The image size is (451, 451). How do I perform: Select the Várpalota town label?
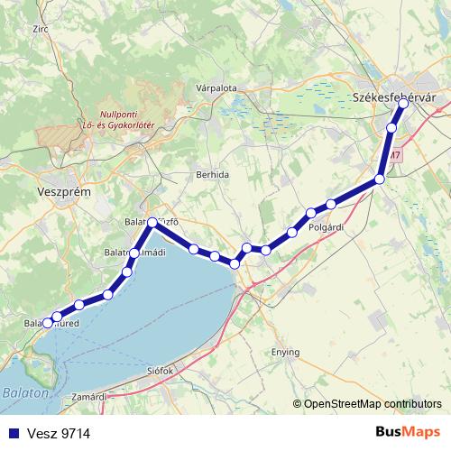(216, 88)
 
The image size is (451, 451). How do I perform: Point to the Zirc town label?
(40, 29)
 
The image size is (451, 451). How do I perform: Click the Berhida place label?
(212, 173)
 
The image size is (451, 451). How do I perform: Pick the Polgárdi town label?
(325, 227)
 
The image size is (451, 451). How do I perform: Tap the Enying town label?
(287, 352)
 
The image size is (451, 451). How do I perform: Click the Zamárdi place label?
(89, 396)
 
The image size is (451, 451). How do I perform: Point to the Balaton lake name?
(21, 393)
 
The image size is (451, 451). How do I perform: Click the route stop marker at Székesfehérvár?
(403, 104)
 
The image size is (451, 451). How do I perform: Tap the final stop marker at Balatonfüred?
(48, 321)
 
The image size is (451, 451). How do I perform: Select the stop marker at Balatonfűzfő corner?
(152, 222)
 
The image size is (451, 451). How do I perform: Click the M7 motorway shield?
(395, 155)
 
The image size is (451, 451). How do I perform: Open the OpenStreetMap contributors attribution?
(373, 404)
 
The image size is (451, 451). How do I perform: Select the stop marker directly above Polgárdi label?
(311, 214)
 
